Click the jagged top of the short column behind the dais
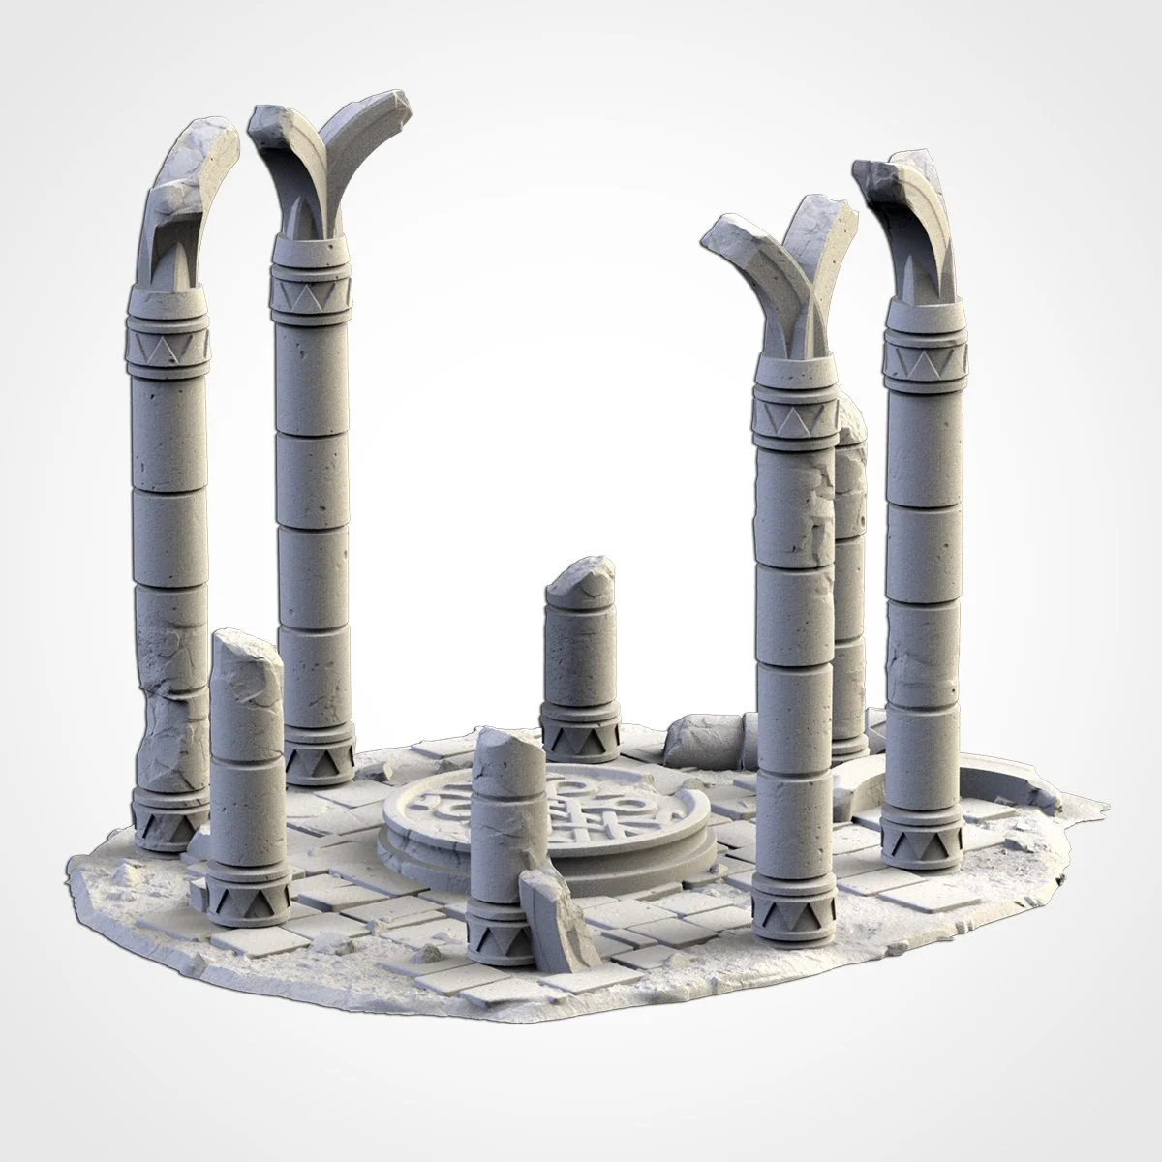(x=581, y=577)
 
